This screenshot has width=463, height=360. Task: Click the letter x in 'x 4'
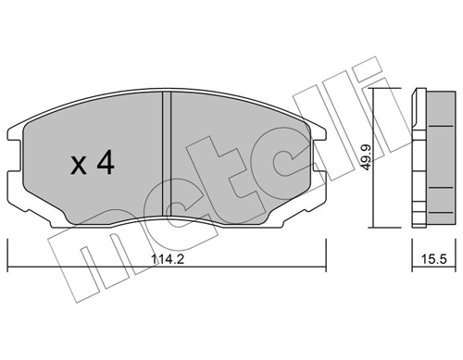[x=81, y=166]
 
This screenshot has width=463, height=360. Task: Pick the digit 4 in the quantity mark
[x=104, y=164]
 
